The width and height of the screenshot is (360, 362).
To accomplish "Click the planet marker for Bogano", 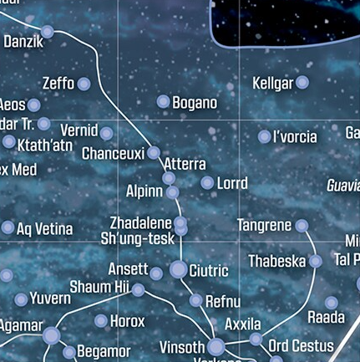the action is (x=163, y=102).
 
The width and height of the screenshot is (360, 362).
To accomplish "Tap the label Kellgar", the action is (x=272, y=83).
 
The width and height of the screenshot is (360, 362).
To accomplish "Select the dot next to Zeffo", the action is (x=84, y=84).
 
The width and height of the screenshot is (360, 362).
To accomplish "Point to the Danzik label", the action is (x=22, y=40).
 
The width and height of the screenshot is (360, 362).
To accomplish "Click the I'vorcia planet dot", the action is (x=265, y=136).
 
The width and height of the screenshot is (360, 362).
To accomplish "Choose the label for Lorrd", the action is (x=232, y=182).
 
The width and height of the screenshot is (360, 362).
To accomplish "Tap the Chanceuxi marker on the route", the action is (x=153, y=153).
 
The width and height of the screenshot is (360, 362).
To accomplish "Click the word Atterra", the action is (x=185, y=165).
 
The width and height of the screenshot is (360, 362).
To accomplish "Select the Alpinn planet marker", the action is (x=172, y=192).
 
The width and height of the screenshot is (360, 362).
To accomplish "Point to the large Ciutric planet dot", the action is (x=179, y=269).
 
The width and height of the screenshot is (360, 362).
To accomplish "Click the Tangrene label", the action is (x=264, y=226).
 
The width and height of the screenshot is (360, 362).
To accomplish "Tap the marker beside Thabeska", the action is (x=316, y=262).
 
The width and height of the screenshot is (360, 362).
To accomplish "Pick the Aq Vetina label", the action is (x=45, y=228).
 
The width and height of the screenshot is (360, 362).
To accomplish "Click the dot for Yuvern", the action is (x=21, y=299).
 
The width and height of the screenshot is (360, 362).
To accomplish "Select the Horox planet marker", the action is (x=101, y=321).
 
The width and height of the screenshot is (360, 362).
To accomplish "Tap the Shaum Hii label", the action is (x=99, y=288).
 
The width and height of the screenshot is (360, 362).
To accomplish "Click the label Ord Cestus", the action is (x=301, y=345).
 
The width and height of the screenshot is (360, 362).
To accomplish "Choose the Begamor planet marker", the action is (x=69, y=352).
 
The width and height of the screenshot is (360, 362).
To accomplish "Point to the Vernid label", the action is (x=79, y=131).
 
